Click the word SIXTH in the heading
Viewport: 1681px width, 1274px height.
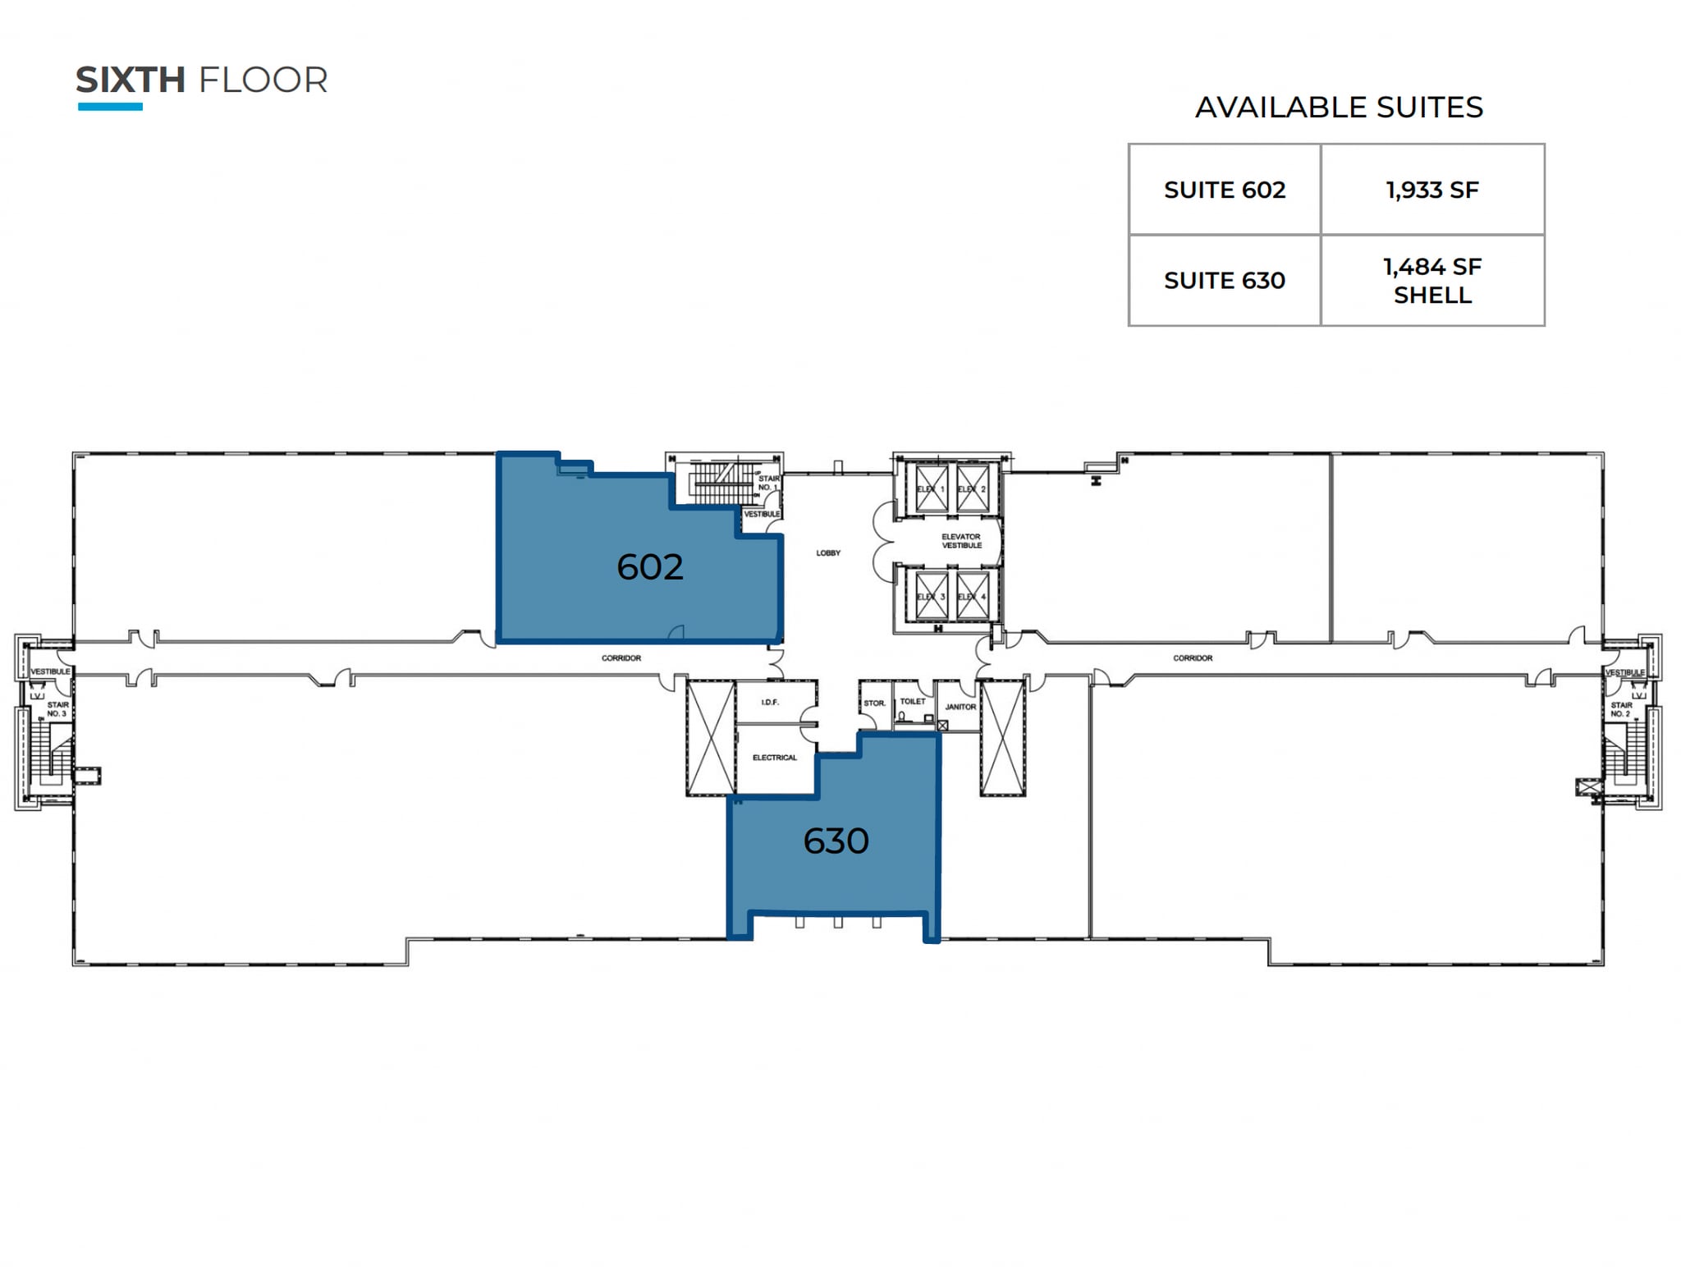point(130,80)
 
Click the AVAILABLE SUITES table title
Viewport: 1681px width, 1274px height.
point(1338,108)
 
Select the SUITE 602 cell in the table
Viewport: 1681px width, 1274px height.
point(1224,190)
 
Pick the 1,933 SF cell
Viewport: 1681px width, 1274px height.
point(1431,190)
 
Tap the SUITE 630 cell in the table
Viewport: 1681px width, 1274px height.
point(1224,281)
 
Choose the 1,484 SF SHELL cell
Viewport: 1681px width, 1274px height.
point(1431,281)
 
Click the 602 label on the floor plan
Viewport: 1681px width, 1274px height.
point(649,567)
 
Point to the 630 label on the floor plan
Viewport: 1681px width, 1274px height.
point(835,841)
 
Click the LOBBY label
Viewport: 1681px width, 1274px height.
point(827,553)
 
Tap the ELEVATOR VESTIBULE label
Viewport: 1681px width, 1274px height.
point(961,541)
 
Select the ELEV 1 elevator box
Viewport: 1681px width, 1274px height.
point(932,489)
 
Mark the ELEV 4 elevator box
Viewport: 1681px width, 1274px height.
point(973,597)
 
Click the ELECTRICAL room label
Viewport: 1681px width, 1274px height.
point(774,758)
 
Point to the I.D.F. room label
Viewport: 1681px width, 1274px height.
point(769,703)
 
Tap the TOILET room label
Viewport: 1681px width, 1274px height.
point(912,702)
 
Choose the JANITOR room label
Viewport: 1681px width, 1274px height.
point(960,707)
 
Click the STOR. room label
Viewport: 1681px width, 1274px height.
point(874,703)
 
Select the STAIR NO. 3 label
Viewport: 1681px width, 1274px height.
point(57,709)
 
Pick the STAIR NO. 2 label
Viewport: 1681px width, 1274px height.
point(1621,709)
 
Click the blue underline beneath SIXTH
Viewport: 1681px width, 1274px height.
point(110,107)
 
